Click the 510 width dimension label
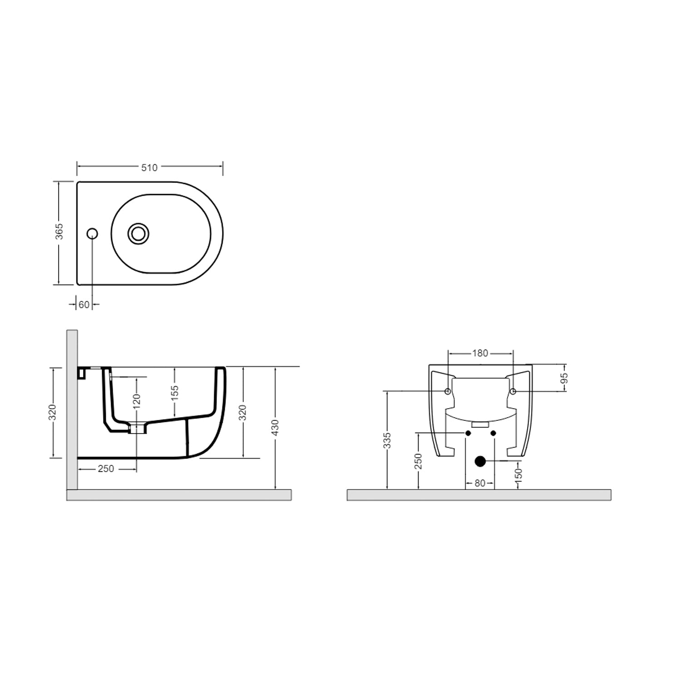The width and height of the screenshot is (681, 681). point(149,168)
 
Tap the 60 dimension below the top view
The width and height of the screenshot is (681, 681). point(84,305)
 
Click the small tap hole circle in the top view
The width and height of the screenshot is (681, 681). point(92,233)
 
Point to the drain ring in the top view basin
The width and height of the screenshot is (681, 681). point(138,233)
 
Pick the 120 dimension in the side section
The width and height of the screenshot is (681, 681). point(137,399)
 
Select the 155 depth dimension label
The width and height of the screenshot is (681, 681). point(175,393)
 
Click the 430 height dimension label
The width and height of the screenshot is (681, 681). point(275,428)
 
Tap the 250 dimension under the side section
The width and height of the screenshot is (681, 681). point(106,469)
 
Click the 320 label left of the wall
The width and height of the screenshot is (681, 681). point(53,412)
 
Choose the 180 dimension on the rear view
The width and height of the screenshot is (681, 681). point(480,353)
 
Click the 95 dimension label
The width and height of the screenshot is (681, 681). point(564,378)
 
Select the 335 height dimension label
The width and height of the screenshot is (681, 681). point(387,440)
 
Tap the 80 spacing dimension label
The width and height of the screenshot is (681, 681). point(480,484)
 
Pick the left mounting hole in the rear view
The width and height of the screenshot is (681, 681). point(448,391)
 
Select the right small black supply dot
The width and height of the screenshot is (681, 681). point(493,433)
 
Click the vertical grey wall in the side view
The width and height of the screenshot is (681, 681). point(72,409)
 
